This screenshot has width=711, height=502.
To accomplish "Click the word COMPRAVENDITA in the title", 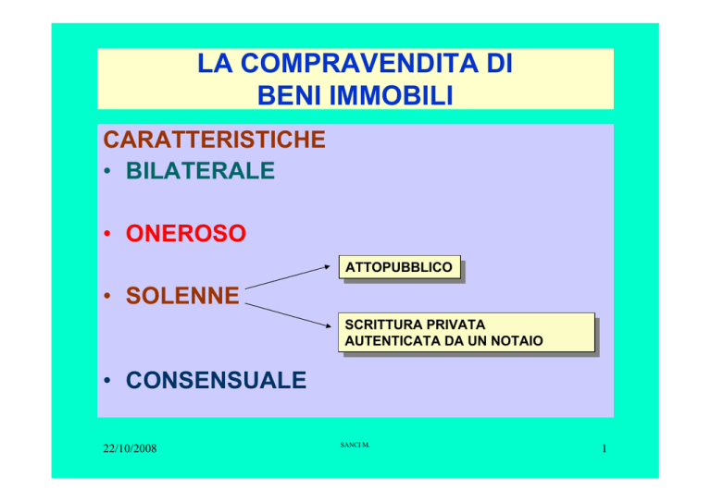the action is pyautogui.click(x=359, y=63).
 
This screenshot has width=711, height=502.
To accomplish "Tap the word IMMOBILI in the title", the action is pyautogui.click(x=391, y=95).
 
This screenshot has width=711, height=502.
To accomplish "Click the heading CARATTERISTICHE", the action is pyautogui.click(x=214, y=139).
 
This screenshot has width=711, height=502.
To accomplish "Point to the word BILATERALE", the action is pyautogui.click(x=200, y=171).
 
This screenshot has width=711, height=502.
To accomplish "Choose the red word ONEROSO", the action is pyautogui.click(x=186, y=233).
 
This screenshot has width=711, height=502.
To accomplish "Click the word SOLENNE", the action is pyautogui.click(x=182, y=296).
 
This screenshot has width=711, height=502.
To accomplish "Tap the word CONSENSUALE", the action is pyautogui.click(x=216, y=380).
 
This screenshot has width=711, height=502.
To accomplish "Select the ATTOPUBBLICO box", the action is pyautogui.click(x=400, y=267).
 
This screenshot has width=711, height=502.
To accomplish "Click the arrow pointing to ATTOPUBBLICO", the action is pyautogui.click(x=288, y=277).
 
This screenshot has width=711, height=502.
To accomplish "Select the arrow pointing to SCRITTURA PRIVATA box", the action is pyautogui.click(x=289, y=315).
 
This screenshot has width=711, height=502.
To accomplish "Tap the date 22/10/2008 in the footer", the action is pyautogui.click(x=130, y=448).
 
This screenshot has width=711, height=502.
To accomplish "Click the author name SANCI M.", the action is pyautogui.click(x=355, y=445).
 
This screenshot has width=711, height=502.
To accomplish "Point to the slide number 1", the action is pyautogui.click(x=604, y=448).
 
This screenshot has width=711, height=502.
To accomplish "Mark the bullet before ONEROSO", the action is pyautogui.click(x=107, y=234).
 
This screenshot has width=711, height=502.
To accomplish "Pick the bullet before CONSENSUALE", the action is pyautogui.click(x=107, y=380).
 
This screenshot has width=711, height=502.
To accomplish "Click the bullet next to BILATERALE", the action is pyautogui.click(x=107, y=171).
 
